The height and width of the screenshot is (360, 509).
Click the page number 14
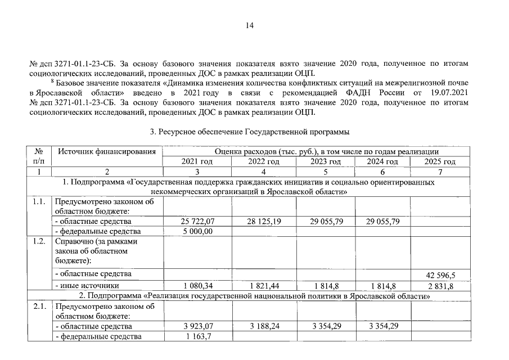pos(250,25)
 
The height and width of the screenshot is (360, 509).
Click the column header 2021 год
pos(196,161)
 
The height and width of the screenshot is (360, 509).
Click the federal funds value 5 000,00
pos(196,231)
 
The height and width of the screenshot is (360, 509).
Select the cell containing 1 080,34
pos(196,286)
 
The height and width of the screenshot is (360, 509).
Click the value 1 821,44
pos(264,286)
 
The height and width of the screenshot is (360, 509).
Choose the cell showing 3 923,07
pos(196,326)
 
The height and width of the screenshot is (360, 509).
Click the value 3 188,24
pos(264,326)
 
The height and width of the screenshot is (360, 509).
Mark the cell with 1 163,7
pos(197,337)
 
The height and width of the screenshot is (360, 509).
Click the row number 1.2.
pos(39,241)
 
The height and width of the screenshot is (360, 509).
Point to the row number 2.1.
pos(39,307)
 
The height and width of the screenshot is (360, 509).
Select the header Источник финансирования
pos(106,151)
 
